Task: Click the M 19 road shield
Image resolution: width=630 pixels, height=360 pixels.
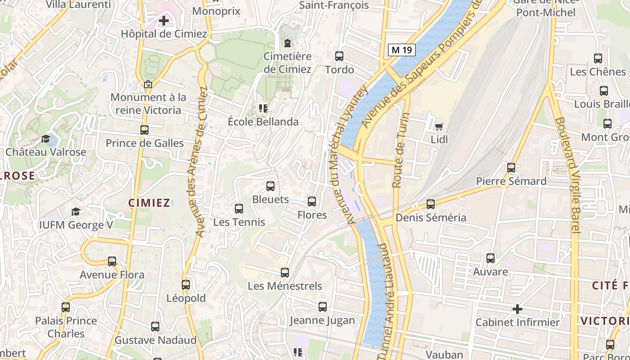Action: (x=401, y=50)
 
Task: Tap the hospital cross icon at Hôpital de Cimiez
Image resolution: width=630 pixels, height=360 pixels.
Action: (x=164, y=21)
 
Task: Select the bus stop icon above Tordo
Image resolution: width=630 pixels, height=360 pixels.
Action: (x=339, y=56)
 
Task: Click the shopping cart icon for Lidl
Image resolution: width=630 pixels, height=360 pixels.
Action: (x=439, y=126)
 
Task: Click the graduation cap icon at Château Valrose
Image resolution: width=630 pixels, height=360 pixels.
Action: (x=45, y=139)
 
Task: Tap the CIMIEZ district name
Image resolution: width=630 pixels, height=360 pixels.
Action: (x=149, y=203)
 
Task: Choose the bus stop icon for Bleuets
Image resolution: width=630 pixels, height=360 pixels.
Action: (x=270, y=186)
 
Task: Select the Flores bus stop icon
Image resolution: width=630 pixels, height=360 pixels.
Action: (x=312, y=202)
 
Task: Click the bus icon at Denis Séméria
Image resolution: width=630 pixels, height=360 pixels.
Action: (x=431, y=204)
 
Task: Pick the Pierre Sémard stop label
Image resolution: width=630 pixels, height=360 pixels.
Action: (x=511, y=181)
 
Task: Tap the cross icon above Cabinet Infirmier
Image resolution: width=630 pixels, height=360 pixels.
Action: (x=517, y=309)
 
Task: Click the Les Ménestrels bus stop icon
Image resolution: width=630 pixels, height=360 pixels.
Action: (x=285, y=273)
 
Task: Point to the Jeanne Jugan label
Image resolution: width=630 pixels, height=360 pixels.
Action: (x=322, y=320)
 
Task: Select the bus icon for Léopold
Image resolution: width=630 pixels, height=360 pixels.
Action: (x=186, y=285)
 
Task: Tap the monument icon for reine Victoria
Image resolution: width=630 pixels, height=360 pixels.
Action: (x=148, y=84)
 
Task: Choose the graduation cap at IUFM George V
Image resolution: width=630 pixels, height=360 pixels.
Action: (x=76, y=211)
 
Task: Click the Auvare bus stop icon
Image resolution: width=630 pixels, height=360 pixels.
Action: (x=490, y=259)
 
